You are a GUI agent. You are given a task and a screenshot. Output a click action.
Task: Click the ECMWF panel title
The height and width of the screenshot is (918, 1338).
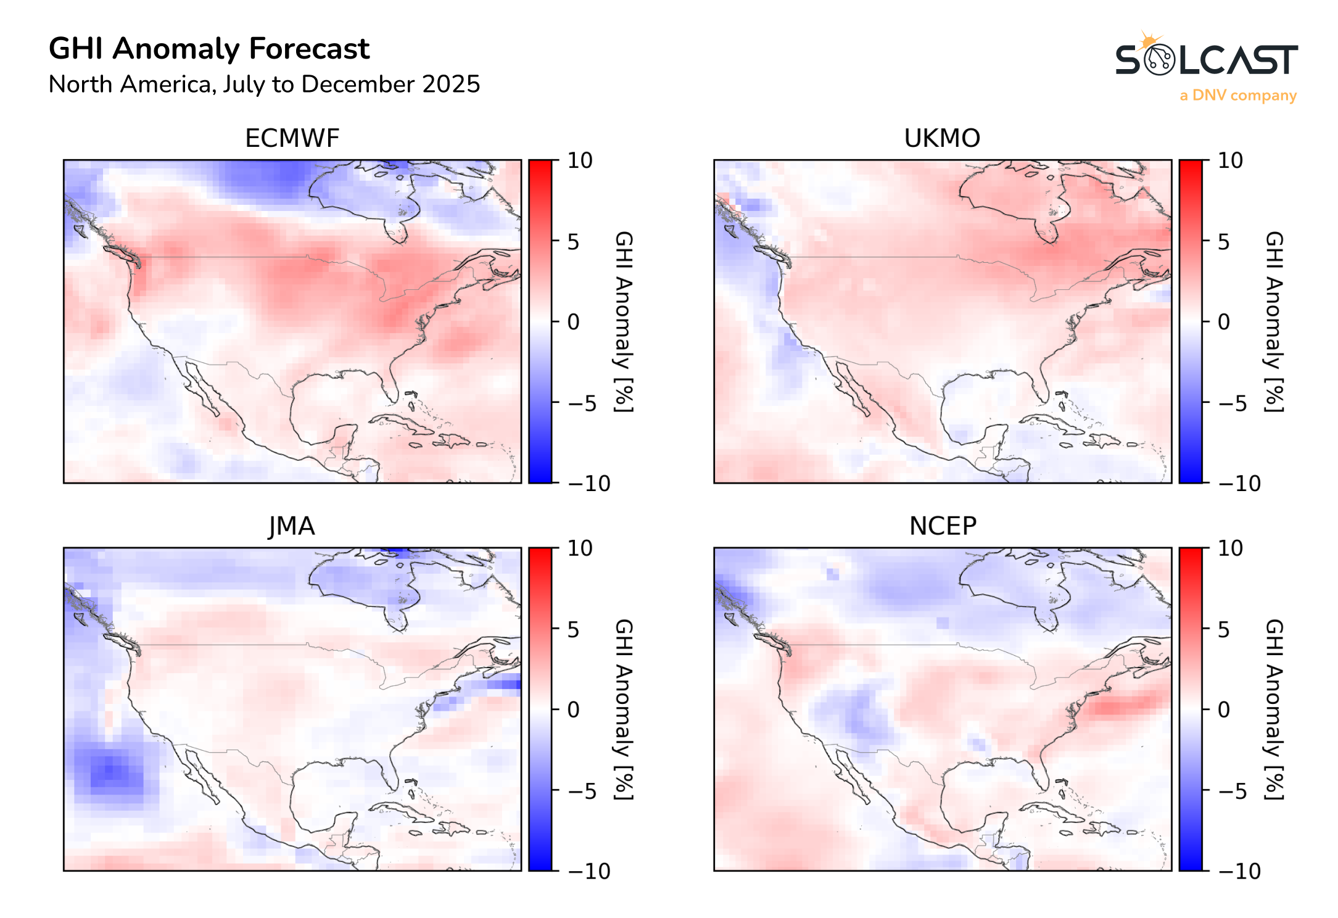[x=292, y=138]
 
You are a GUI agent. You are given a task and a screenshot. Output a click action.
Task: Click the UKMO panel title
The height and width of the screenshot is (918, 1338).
[x=941, y=138]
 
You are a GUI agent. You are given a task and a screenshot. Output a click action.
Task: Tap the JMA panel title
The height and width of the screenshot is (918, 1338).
[x=292, y=526]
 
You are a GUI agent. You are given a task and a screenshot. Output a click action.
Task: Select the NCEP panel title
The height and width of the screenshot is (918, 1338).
[x=942, y=526]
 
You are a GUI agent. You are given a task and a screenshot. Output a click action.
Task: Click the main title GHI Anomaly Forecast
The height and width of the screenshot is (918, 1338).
[x=209, y=49]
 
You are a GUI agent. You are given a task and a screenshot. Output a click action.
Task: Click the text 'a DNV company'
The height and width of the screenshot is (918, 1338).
[x=1237, y=96]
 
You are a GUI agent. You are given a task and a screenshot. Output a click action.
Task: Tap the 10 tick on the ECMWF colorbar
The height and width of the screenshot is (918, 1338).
[x=579, y=161]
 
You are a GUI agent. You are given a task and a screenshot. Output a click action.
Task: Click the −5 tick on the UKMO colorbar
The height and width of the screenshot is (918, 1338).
[x=1231, y=403]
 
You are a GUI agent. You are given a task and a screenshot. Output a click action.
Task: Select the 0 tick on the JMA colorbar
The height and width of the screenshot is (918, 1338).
[x=573, y=710]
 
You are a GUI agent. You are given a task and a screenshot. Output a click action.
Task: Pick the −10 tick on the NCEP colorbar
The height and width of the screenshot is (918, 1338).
[x=1239, y=871]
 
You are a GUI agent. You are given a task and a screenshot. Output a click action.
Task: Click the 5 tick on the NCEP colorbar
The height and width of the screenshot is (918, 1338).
[x=1224, y=630]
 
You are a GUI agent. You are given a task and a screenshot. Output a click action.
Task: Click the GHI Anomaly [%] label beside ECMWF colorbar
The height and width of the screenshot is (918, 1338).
[x=624, y=321]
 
